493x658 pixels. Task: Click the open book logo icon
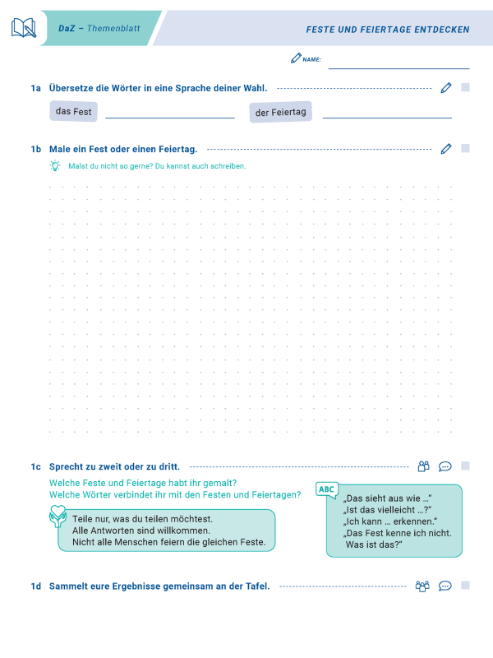(x=24, y=28)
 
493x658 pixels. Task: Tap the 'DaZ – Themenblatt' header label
(x=99, y=29)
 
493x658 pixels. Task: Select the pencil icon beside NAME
(x=296, y=58)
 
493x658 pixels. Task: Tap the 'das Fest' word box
(x=73, y=111)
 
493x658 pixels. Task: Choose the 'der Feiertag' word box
(x=280, y=112)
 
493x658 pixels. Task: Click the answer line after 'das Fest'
(x=169, y=118)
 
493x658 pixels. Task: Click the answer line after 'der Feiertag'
(x=386, y=118)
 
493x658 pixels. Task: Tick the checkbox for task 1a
(x=465, y=87)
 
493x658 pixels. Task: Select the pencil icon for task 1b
(x=446, y=149)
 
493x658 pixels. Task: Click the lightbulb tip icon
(x=55, y=166)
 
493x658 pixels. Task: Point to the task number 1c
(x=35, y=466)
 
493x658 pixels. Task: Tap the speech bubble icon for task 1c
(x=445, y=466)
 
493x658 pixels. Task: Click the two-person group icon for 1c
(x=424, y=466)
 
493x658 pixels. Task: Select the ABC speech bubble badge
(x=327, y=490)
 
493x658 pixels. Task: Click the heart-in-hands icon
(x=58, y=517)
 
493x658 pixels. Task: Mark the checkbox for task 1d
(x=465, y=586)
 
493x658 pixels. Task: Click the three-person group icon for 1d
(x=423, y=586)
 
